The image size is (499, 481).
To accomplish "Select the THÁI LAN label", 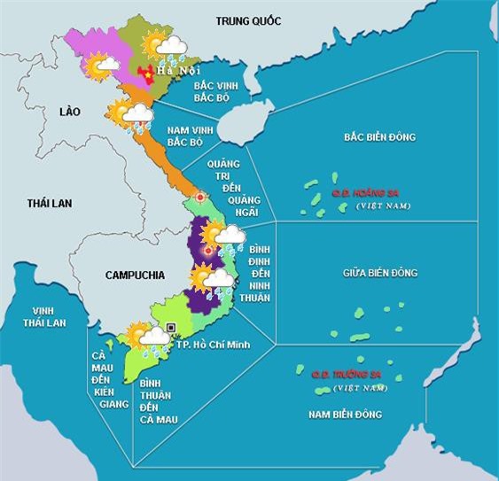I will point(49,203).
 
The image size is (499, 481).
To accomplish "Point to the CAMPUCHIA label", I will point(135,275).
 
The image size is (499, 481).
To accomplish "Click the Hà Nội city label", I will point(172,70).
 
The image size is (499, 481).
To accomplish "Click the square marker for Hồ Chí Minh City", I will point(170,328).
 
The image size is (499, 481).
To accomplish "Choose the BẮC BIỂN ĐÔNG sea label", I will point(379,137).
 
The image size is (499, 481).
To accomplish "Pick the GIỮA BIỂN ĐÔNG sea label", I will point(379,273).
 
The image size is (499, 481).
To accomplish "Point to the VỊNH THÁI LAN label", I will point(44,316).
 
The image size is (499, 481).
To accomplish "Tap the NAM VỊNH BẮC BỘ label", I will point(188,136).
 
